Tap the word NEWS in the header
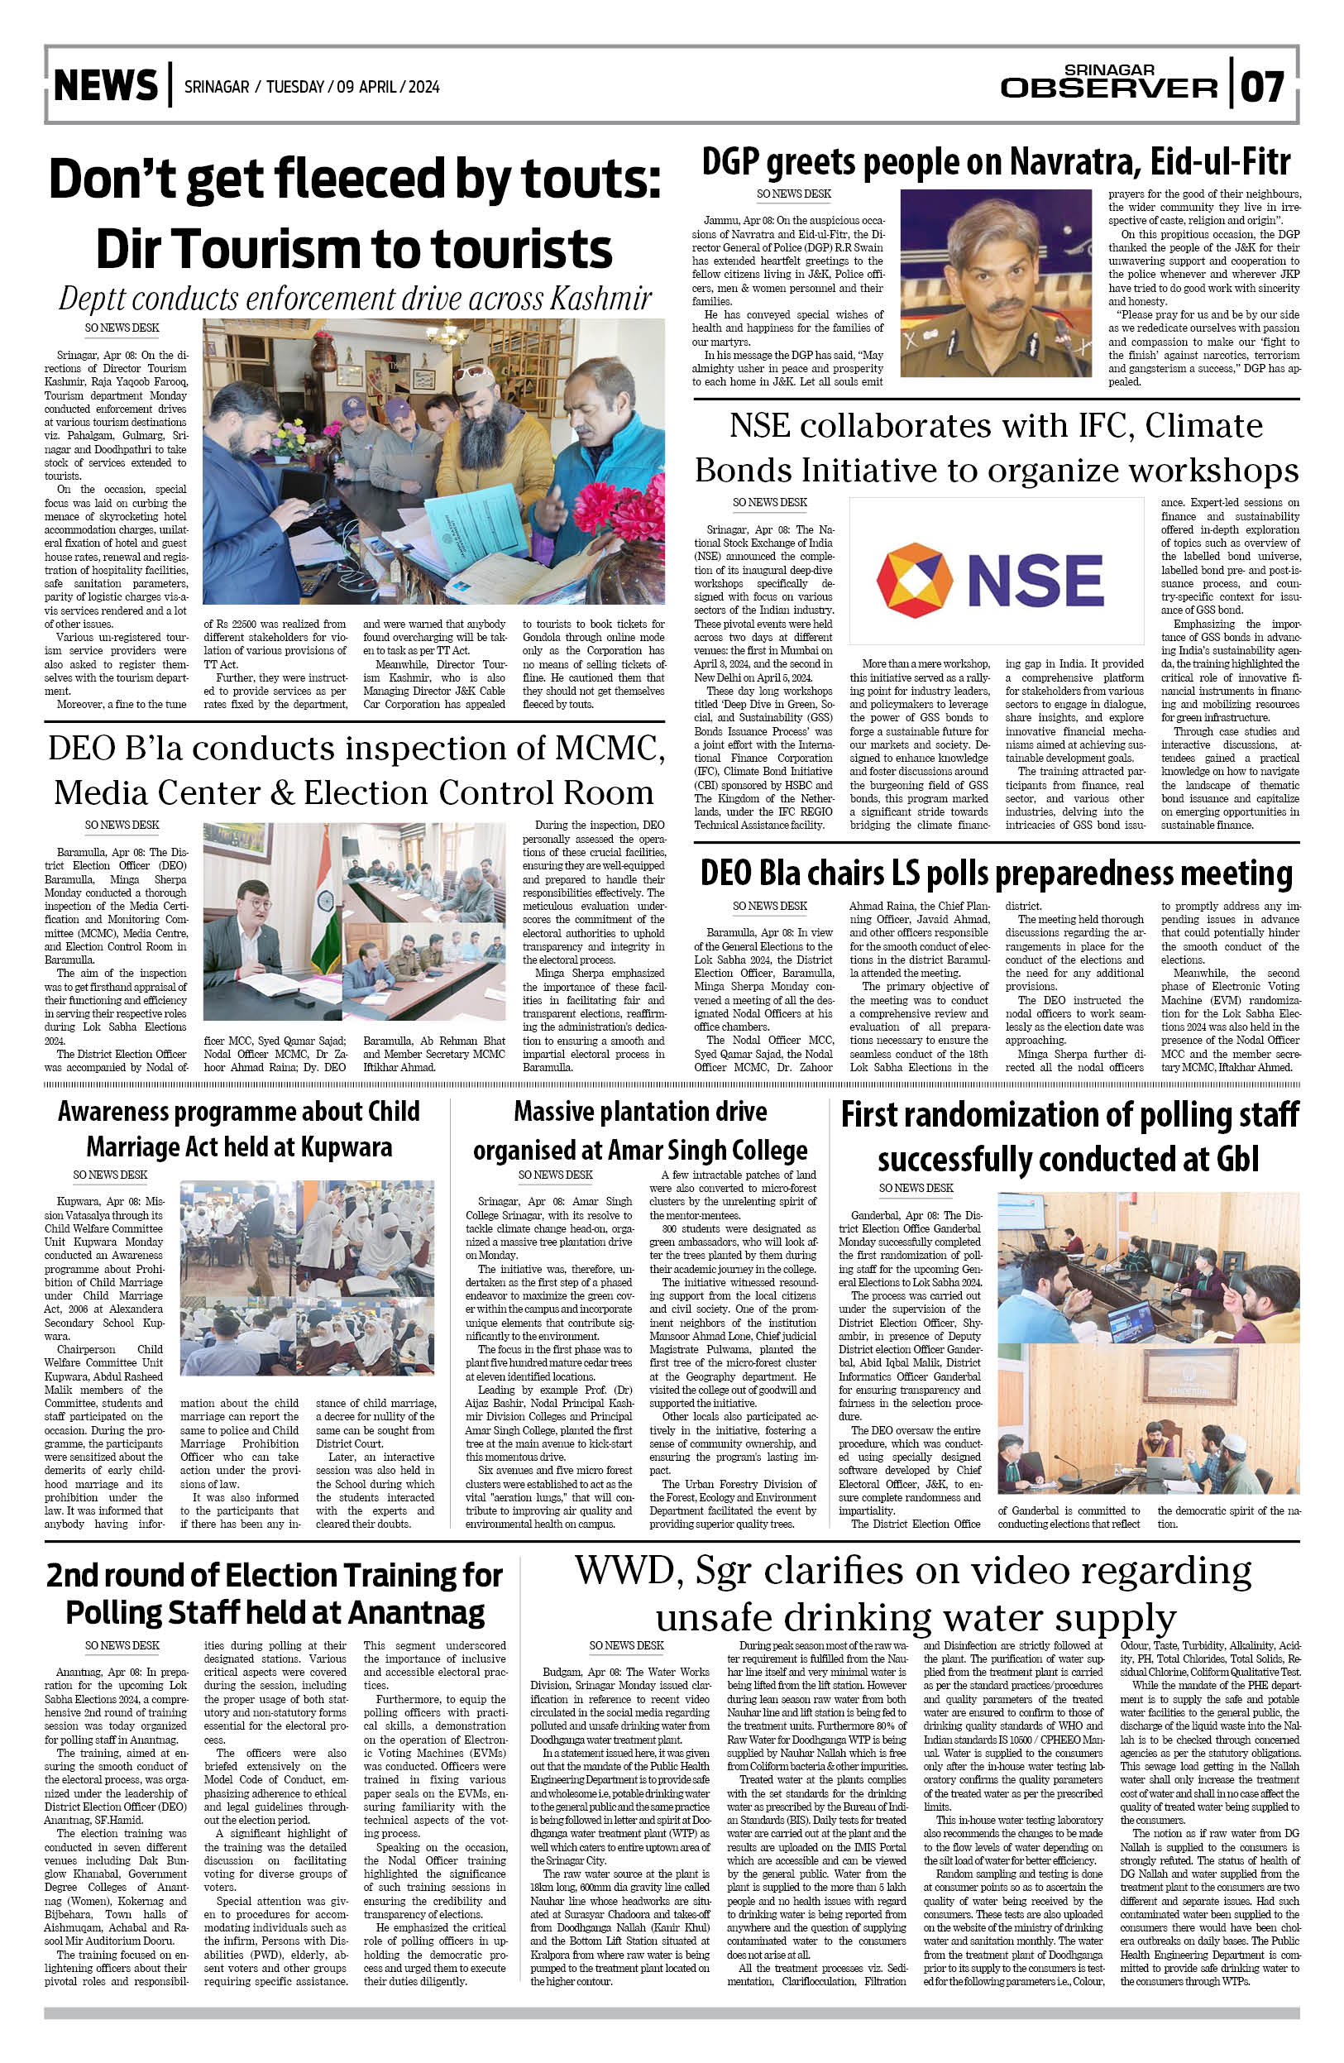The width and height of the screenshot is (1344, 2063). [106, 86]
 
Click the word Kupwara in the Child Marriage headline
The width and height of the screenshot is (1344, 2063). [338, 1147]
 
